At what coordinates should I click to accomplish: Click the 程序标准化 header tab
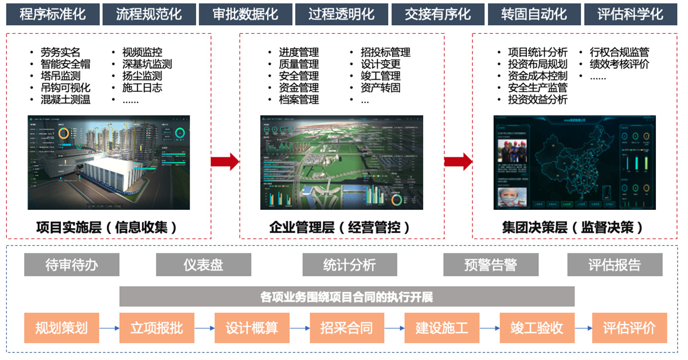(x=53, y=14)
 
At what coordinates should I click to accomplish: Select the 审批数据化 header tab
(x=245, y=14)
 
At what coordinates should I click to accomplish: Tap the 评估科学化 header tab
(x=630, y=14)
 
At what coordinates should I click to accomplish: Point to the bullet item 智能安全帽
(x=65, y=64)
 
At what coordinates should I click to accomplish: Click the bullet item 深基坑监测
(x=147, y=64)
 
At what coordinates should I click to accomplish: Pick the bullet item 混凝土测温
(x=65, y=100)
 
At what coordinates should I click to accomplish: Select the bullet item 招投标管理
(x=385, y=53)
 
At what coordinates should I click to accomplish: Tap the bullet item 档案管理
(x=299, y=100)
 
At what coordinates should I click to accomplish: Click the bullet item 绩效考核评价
(x=620, y=64)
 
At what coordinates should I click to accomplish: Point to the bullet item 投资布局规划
(x=538, y=64)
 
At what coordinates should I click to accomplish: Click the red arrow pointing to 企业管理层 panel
(x=225, y=162)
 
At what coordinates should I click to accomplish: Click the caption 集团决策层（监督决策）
(x=572, y=228)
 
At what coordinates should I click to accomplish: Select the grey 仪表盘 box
(x=204, y=265)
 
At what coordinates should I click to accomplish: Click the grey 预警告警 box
(x=491, y=265)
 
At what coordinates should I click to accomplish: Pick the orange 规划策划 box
(x=61, y=328)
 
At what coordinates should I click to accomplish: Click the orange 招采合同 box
(x=347, y=328)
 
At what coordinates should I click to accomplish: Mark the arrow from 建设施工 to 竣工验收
(x=490, y=328)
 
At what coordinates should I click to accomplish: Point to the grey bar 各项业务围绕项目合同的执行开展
(x=347, y=297)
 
